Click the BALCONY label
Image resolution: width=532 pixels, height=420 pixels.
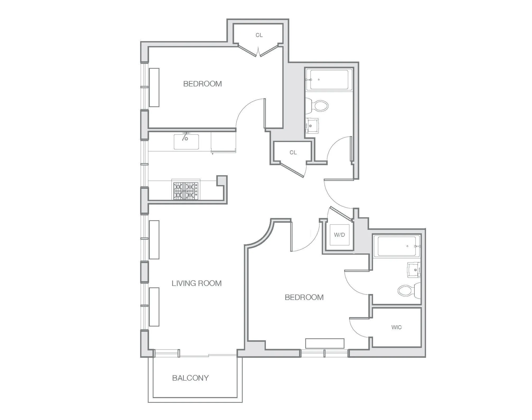point(190,378)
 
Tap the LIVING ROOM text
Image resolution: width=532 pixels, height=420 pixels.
point(197,283)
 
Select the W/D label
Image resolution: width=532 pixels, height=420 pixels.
point(339,235)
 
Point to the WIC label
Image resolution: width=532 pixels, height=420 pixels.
point(396,327)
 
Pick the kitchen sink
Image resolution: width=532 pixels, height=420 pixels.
point(186,142)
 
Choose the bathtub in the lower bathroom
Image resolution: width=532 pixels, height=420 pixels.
point(396,246)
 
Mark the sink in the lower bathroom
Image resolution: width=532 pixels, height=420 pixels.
point(414,270)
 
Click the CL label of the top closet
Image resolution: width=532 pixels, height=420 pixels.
point(259,35)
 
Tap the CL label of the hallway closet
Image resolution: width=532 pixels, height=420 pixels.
point(293,152)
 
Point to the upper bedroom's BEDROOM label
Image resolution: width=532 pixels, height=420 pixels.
point(202,84)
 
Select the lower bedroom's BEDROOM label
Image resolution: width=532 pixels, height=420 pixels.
point(304,297)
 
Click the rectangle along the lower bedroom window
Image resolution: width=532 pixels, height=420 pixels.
point(325,343)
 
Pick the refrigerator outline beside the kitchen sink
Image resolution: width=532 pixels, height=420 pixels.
point(223,142)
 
